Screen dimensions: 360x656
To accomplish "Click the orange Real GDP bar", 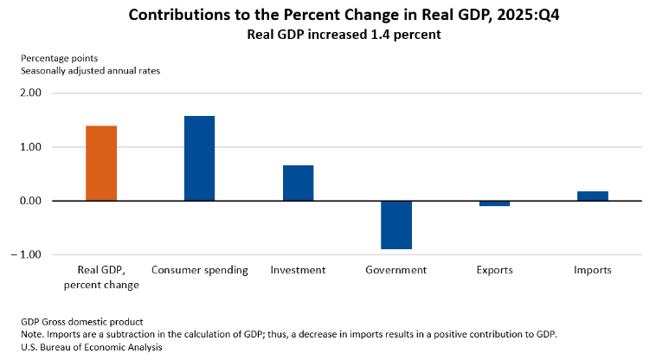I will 101,164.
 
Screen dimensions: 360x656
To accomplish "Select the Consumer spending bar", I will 200,158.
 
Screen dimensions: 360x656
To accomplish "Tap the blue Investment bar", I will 298,183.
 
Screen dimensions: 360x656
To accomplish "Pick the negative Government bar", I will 396,225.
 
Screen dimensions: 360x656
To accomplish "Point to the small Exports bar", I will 494,203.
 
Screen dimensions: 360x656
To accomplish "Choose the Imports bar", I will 593,196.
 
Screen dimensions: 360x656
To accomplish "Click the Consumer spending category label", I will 200,270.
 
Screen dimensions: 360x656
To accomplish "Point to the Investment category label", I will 298,270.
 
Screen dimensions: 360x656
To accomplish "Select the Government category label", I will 396,270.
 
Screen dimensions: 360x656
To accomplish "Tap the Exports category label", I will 494,270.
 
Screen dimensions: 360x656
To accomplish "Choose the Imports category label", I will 593,270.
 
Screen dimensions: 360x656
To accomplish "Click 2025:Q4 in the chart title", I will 484,16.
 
